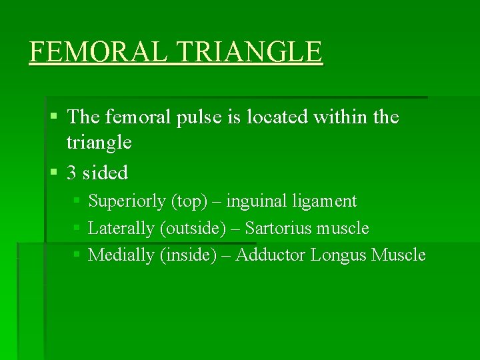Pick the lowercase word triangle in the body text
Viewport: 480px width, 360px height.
tap(99, 143)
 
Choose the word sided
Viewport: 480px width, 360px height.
tap(106, 173)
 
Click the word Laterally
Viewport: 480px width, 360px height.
tap(122, 229)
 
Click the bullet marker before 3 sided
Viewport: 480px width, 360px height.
tap(54, 173)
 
